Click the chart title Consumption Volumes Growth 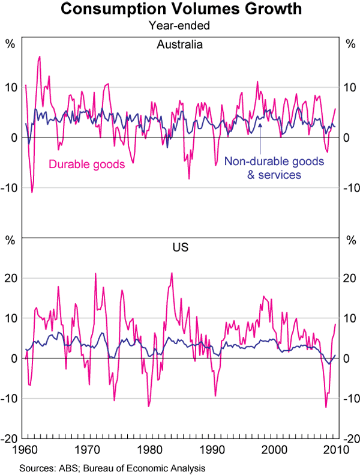point(180,10)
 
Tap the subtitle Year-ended point(180,26)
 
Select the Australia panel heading point(180,45)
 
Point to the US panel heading point(180,246)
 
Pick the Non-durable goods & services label point(274,168)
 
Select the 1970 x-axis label point(88,449)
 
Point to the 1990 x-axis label point(214,449)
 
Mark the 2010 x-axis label point(335,449)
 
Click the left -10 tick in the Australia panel point(11,188)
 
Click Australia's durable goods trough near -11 point(32,192)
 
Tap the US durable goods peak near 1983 point(172,273)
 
